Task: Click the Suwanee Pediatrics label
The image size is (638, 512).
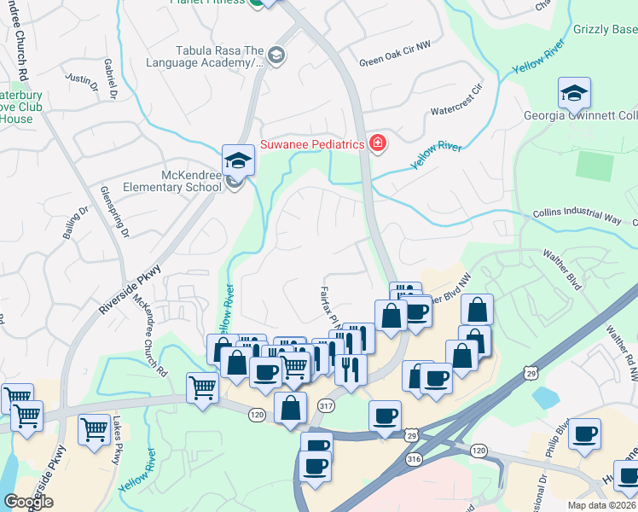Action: coord(312,144)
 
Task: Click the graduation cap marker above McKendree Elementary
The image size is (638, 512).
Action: coord(239,160)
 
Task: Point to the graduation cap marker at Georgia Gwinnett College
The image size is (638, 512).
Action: coord(575,92)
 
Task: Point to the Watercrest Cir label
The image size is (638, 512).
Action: coord(457,111)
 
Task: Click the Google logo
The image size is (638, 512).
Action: coord(29,502)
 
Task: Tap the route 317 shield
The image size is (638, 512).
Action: coord(325,405)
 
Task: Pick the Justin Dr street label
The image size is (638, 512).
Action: coord(83,80)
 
